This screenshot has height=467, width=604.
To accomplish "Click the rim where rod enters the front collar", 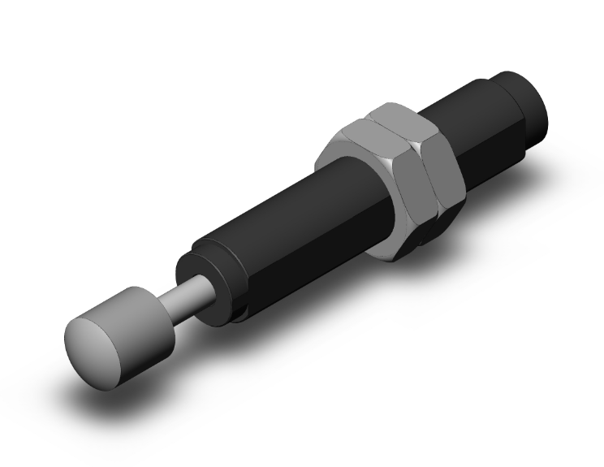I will (213, 291).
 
